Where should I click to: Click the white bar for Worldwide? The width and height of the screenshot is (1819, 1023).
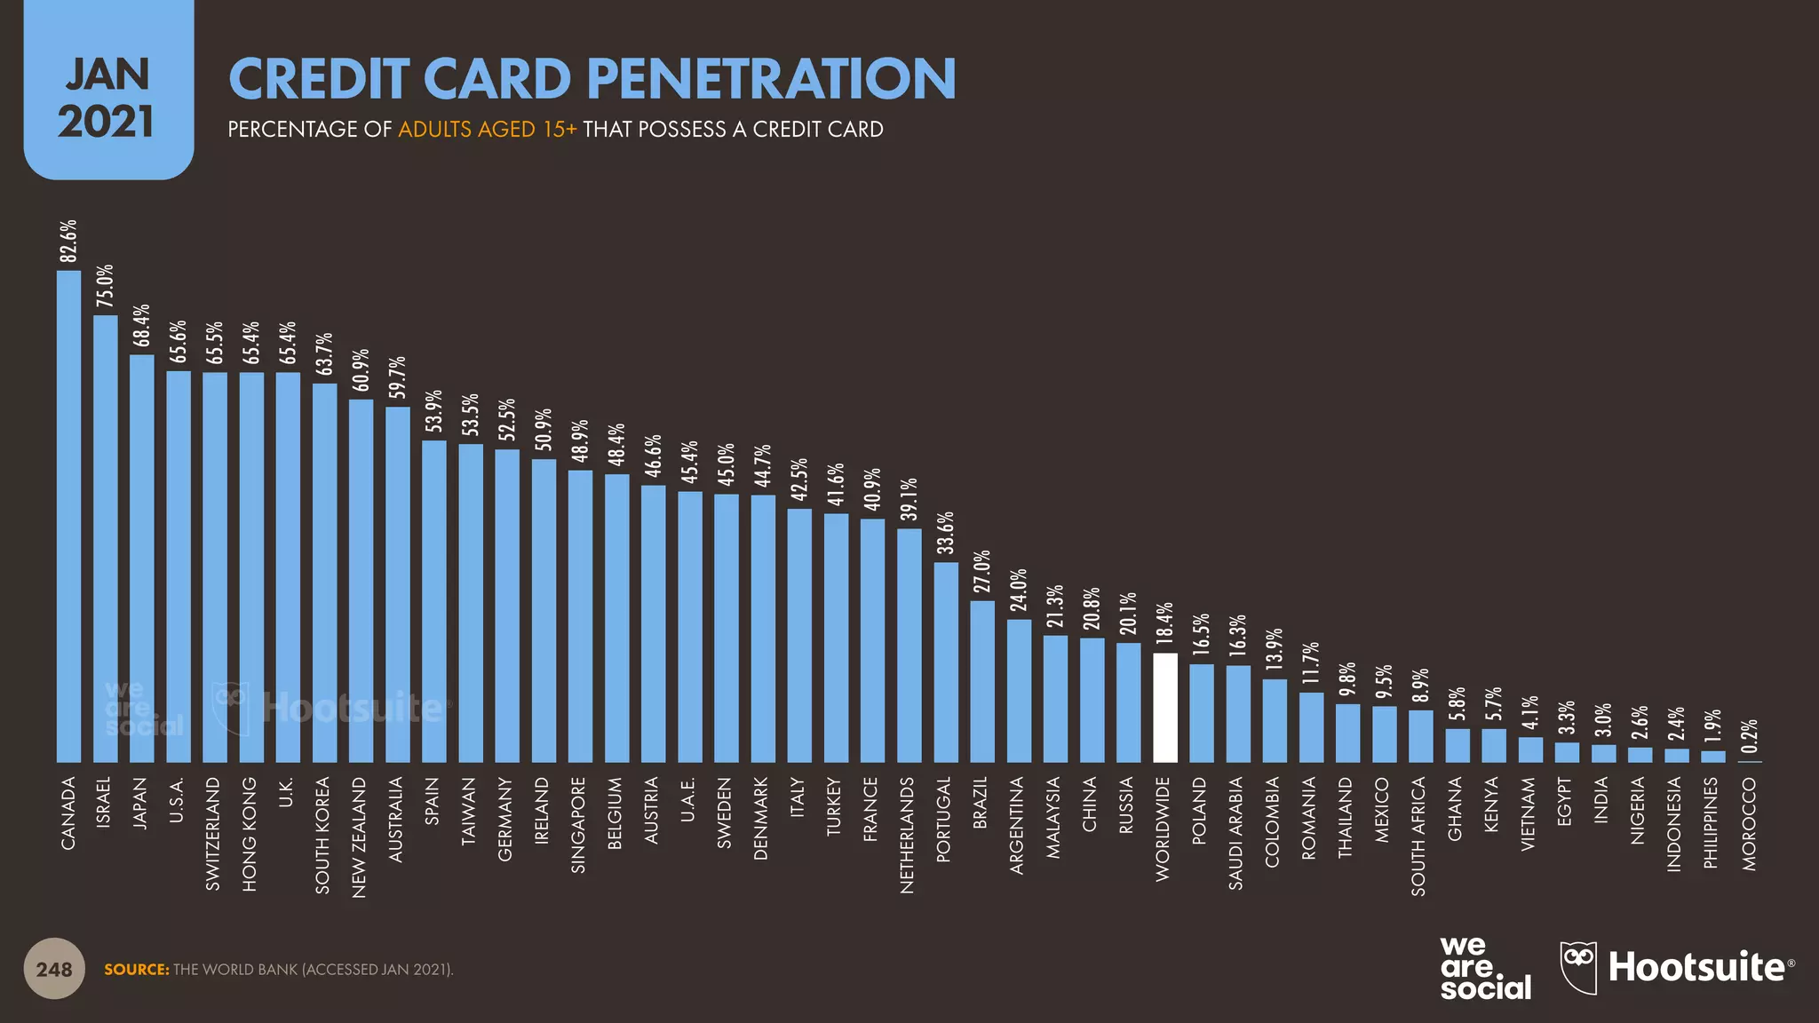pyautogui.click(x=1164, y=708)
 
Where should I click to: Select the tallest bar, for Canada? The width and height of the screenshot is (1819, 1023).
pyautogui.click(x=68, y=516)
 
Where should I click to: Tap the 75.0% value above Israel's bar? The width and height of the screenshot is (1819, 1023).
pyautogui.click(x=105, y=287)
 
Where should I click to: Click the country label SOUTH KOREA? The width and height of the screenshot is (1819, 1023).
pyautogui.click(x=322, y=835)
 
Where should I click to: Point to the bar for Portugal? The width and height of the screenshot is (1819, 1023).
pyautogui.click(x=946, y=662)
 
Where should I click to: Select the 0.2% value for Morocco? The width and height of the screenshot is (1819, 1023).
pyautogui.click(x=1749, y=736)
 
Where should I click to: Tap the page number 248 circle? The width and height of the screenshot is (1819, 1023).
pyautogui.click(x=54, y=969)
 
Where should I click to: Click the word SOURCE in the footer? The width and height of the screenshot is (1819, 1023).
pyautogui.click(x=136, y=970)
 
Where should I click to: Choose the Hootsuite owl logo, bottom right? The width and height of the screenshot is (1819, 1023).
pyautogui.click(x=1578, y=967)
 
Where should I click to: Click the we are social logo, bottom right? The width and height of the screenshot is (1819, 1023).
pyautogui.click(x=1484, y=969)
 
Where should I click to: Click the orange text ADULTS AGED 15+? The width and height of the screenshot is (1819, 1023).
pyautogui.click(x=487, y=130)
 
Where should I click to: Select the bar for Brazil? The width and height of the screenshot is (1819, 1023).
pyautogui.click(x=982, y=681)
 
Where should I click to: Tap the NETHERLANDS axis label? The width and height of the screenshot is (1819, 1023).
pyautogui.click(x=907, y=835)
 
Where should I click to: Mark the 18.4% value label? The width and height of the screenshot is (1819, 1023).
pyautogui.click(x=1164, y=623)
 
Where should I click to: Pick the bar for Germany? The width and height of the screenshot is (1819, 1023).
pyautogui.click(x=507, y=606)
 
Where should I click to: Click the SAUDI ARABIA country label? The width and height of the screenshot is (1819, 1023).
pyautogui.click(x=1235, y=833)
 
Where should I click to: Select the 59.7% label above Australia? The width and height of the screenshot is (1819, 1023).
pyautogui.click(x=397, y=377)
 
